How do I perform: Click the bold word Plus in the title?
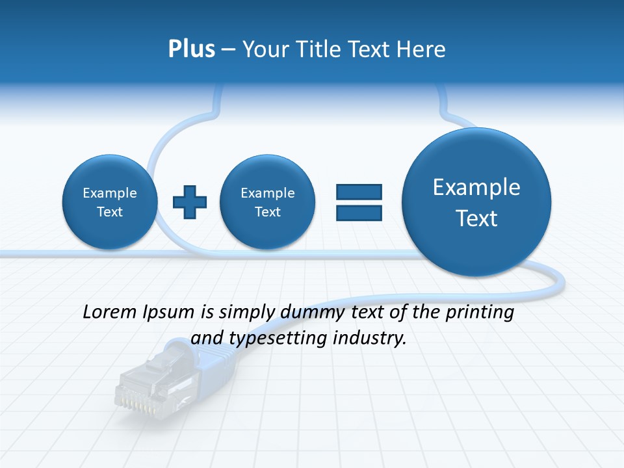(x=191, y=49)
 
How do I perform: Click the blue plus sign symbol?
(x=190, y=202)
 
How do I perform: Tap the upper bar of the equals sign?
(x=359, y=192)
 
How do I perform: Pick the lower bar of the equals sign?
(x=359, y=213)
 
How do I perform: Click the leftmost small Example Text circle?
(x=110, y=202)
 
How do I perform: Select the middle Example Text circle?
(x=268, y=202)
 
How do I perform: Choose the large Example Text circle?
(x=476, y=202)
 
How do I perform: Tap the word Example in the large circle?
(x=476, y=187)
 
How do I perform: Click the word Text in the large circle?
(x=476, y=218)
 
